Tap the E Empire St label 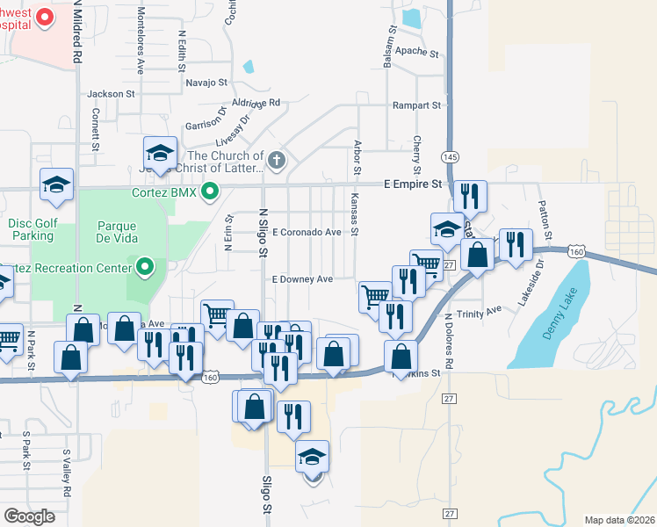click(413, 184)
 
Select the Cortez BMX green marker click(210, 191)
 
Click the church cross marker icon click(277, 161)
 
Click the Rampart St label click(417, 105)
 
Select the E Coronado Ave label click(307, 233)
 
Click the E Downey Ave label click(302, 279)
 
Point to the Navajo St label click(206, 83)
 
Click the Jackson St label click(111, 93)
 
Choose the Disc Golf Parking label click(33, 229)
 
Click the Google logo click(30, 516)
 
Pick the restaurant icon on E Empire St click(469, 195)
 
